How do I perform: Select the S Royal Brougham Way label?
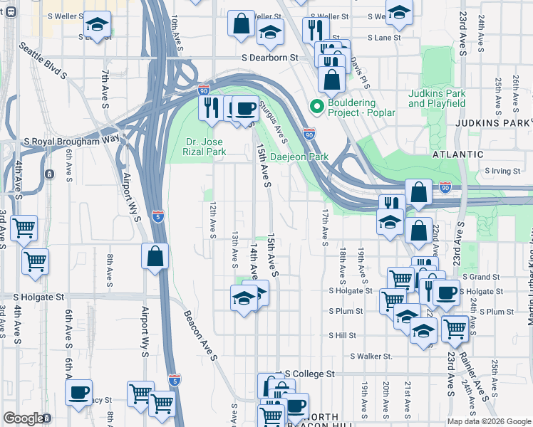click(71, 141)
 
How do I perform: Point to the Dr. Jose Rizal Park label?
click(206, 146)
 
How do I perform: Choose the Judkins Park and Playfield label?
click(437, 98)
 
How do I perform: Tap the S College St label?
click(309, 374)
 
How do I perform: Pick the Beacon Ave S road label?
click(200, 337)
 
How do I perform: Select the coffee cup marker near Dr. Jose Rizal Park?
click(246, 108)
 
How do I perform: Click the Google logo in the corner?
click(24, 418)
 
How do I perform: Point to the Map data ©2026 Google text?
click(489, 421)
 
